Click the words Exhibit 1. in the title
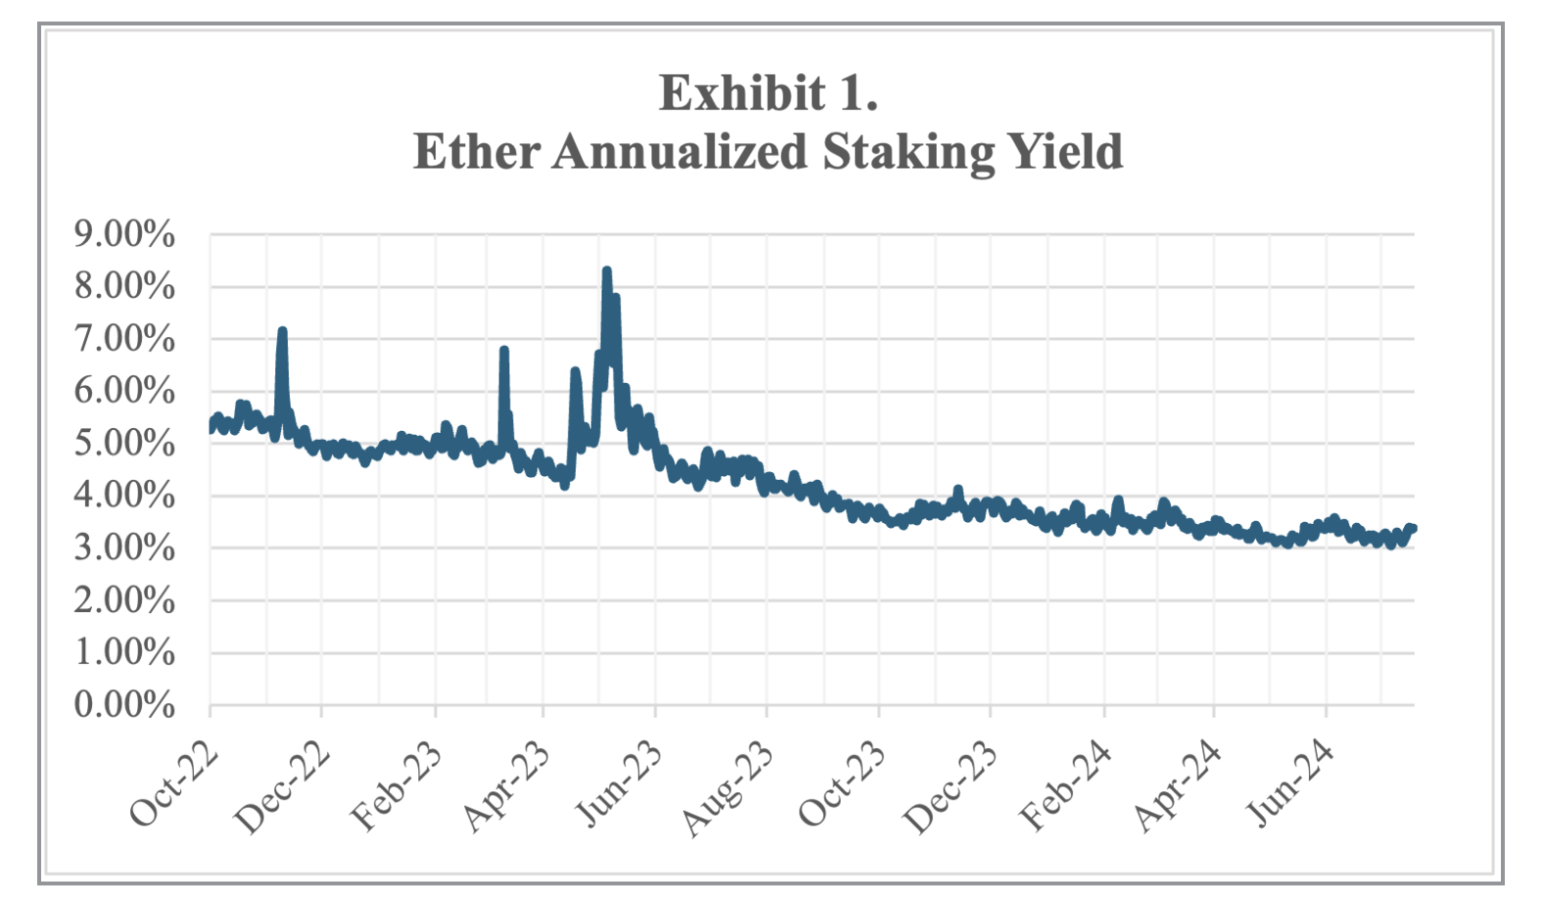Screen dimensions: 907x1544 (x=768, y=93)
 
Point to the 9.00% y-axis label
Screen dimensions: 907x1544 (x=124, y=234)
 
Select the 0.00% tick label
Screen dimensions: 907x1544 (x=124, y=704)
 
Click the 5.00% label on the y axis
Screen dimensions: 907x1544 (x=124, y=443)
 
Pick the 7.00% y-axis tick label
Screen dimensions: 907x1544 (x=124, y=339)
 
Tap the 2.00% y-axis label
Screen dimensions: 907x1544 (x=124, y=599)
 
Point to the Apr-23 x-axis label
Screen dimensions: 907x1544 (x=507, y=787)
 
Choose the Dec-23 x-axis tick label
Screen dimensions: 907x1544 (x=951, y=787)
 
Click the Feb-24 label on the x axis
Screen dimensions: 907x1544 (x=1066, y=787)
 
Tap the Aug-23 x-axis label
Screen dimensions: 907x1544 (x=728, y=788)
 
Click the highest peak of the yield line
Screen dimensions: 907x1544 (x=606, y=271)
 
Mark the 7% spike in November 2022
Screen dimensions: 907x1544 (x=282, y=332)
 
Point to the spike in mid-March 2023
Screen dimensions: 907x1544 (x=504, y=351)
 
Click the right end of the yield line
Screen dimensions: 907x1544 (x=1413, y=529)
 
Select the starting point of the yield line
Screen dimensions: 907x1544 (x=211, y=425)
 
